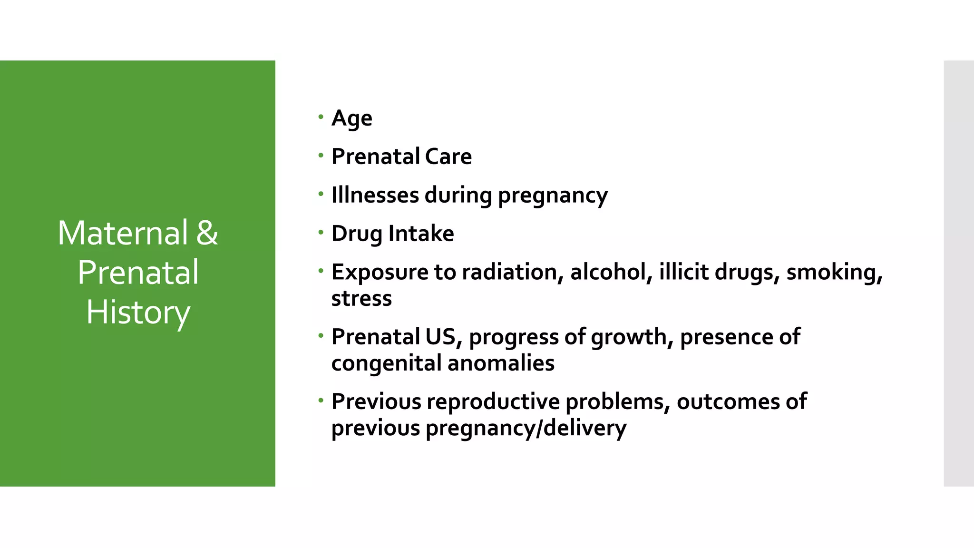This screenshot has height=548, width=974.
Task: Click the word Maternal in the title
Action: click(123, 233)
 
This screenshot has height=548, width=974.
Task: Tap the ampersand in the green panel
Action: click(207, 233)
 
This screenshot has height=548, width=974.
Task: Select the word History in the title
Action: click(138, 313)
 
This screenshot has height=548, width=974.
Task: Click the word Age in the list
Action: click(351, 118)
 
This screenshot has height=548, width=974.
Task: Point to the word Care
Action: click(448, 157)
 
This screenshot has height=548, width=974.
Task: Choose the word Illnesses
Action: click(375, 195)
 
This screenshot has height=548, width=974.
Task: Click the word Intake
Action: click(421, 234)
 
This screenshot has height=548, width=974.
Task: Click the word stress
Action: click(361, 299)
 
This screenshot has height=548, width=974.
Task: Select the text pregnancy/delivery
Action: click(526, 428)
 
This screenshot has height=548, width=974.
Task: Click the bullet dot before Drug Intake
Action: click(321, 233)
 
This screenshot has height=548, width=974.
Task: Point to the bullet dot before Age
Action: click(321, 117)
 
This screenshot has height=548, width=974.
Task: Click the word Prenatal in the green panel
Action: click(138, 273)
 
